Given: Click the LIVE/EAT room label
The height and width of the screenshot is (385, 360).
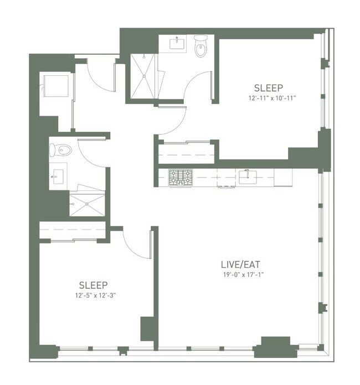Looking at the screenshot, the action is [240, 264].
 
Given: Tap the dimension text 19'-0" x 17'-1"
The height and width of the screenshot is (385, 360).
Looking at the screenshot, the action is [243, 275].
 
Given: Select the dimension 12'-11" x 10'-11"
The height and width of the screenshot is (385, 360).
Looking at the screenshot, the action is [272, 98].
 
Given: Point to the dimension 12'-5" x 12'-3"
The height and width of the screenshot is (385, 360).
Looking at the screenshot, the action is [96, 295].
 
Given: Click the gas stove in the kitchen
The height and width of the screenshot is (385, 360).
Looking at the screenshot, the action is [181, 177].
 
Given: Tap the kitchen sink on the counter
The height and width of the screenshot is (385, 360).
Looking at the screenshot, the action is [248, 177].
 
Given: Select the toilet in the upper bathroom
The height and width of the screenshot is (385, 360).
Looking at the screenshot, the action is [201, 46].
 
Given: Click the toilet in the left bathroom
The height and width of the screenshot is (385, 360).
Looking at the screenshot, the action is [60, 150].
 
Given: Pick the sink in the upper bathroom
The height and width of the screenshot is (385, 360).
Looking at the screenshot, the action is [177, 44].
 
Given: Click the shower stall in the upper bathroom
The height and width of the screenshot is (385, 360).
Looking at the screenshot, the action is [143, 76].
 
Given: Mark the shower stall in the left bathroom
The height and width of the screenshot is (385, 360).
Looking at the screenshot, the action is [87, 205].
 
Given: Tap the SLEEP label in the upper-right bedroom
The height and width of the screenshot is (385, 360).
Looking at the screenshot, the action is [269, 88].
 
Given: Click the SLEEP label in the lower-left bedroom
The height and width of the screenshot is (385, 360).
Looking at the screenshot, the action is [93, 285].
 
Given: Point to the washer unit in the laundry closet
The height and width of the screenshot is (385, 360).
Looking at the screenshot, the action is [56, 86].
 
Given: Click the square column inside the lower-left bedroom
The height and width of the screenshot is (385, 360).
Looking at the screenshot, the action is [147, 329].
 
